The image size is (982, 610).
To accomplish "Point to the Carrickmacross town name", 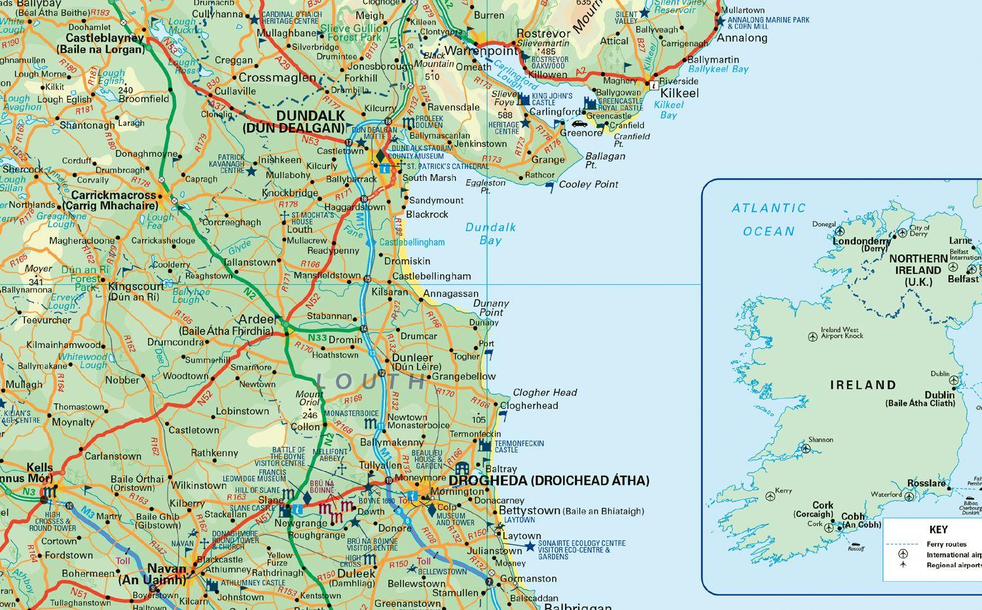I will click(x=114, y=195).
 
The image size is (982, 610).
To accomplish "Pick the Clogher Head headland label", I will click(x=545, y=392).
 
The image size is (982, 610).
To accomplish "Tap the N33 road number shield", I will click(x=318, y=338).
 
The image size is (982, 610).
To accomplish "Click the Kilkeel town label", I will click(x=680, y=93).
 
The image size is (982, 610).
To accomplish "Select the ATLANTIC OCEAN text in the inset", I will click(x=769, y=219).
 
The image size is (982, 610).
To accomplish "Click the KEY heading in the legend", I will click(x=938, y=529).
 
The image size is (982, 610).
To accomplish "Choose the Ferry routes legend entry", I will click(x=946, y=544).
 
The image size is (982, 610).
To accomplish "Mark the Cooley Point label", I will click(x=588, y=185).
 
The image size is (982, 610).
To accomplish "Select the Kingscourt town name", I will click(x=136, y=287).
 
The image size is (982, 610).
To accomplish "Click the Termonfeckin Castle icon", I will click(x=484, y=446).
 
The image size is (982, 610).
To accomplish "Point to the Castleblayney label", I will click(x=105, y=39).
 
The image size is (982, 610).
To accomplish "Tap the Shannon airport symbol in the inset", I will click(x=806, y=449).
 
